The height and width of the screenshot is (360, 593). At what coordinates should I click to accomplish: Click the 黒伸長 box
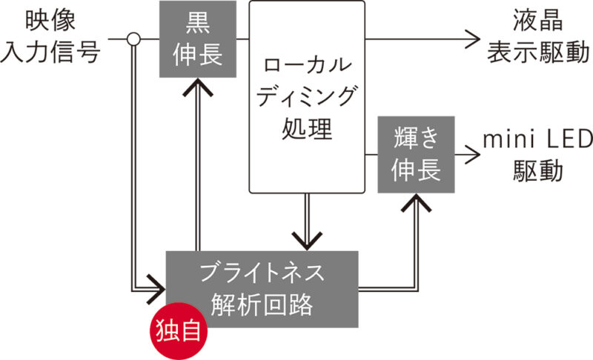198,39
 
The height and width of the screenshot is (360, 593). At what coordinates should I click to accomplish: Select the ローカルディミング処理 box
307,96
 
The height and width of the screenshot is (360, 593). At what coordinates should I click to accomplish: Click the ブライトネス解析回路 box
262,289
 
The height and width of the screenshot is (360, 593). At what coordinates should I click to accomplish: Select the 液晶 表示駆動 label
540,38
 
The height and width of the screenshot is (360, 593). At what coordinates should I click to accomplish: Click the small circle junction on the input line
133,39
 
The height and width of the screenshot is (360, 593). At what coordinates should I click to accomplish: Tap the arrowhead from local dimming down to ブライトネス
307,239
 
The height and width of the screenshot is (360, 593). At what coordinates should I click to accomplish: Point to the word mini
508,139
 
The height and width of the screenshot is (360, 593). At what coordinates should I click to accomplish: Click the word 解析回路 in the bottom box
262,304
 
